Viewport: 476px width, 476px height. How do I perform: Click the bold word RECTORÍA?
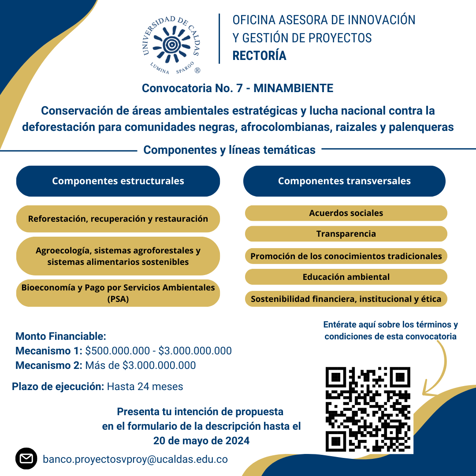260,56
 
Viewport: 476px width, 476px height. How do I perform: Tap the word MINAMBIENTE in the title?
293,88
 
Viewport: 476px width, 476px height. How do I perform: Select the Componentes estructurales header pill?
118,181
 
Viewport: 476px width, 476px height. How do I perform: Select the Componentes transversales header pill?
344,181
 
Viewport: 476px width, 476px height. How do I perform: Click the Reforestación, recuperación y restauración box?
118,219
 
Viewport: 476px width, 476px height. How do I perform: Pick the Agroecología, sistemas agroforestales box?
118,256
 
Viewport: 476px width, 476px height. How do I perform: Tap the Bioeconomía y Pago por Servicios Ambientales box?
118,293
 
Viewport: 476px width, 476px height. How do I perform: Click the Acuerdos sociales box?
346,213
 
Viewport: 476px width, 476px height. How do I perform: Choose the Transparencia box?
346,234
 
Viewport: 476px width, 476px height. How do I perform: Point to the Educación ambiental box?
346,277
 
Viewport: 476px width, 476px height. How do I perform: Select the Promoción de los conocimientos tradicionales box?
346,256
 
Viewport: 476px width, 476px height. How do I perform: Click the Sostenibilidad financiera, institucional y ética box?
346,299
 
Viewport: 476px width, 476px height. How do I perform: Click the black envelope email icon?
26,459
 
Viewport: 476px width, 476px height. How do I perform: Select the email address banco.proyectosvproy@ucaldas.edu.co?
135,459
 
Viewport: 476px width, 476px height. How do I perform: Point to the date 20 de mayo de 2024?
201,441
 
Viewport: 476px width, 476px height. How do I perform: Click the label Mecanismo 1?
48,351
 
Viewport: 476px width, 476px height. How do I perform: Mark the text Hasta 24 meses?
145,387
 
